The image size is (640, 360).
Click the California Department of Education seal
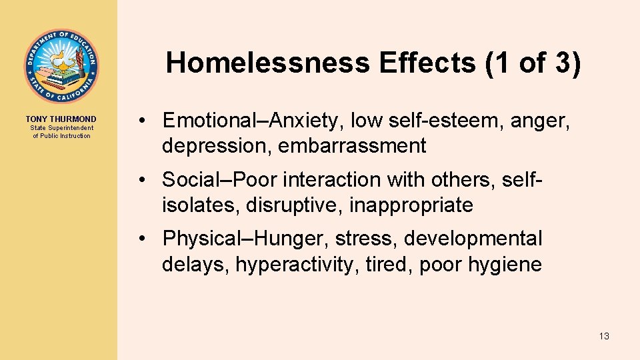pos(61,66)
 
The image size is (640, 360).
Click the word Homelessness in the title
pos(268,63)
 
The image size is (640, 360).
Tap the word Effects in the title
pos(425,63)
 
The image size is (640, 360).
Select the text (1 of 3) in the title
pos(533,63)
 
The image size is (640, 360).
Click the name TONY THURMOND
pos(61,119)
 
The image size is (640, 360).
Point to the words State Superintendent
pos(61,128)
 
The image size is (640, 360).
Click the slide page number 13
pos(604,336)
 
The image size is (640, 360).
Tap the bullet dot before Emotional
pos(143,121)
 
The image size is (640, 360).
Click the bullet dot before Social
pos(143,180)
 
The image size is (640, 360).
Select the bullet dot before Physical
pos(143,239)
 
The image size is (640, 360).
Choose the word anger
pos(538,121)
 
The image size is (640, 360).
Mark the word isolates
pos(201,205)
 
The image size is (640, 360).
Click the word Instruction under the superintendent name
pos(75,136)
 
